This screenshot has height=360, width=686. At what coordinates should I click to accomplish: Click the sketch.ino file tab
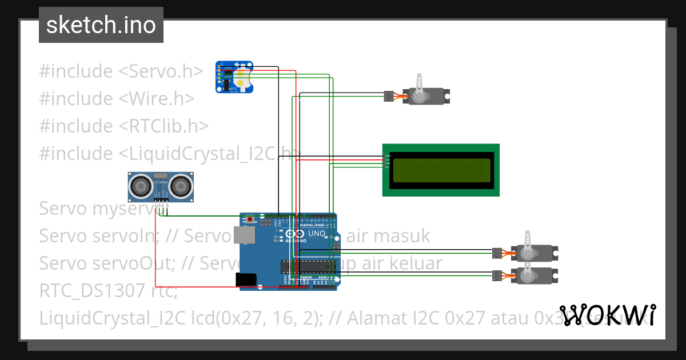(101, 25)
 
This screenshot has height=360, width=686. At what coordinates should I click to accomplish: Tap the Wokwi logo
(607, 315)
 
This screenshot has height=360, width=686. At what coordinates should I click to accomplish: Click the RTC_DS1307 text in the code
(92, 291)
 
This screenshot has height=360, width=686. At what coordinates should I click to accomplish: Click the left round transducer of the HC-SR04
(141, 185)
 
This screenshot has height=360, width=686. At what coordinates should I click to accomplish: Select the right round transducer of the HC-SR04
(181, 185)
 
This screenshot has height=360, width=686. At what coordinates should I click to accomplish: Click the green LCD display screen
(441, 170)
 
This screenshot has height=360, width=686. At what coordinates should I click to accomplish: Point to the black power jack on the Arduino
(246, 279)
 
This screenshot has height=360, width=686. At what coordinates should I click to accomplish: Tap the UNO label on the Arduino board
(317, 234)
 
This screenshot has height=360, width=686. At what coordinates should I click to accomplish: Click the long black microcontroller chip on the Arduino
(306, 266)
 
